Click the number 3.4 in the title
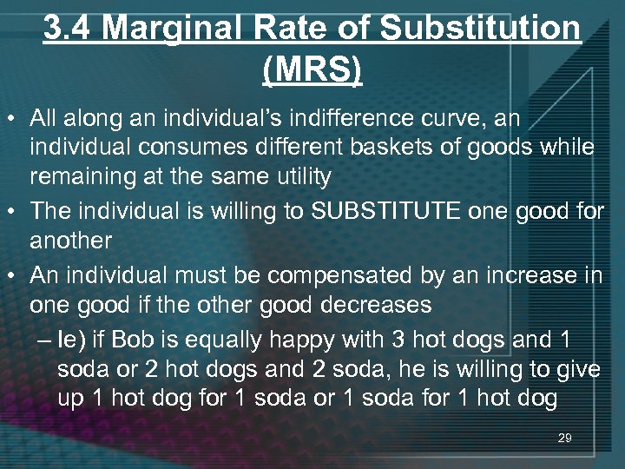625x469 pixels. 69,30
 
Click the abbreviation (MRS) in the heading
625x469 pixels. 312,69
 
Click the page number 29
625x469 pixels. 564,439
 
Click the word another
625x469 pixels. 71,241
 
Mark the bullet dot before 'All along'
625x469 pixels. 14,117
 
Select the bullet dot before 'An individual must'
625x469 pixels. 14,276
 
